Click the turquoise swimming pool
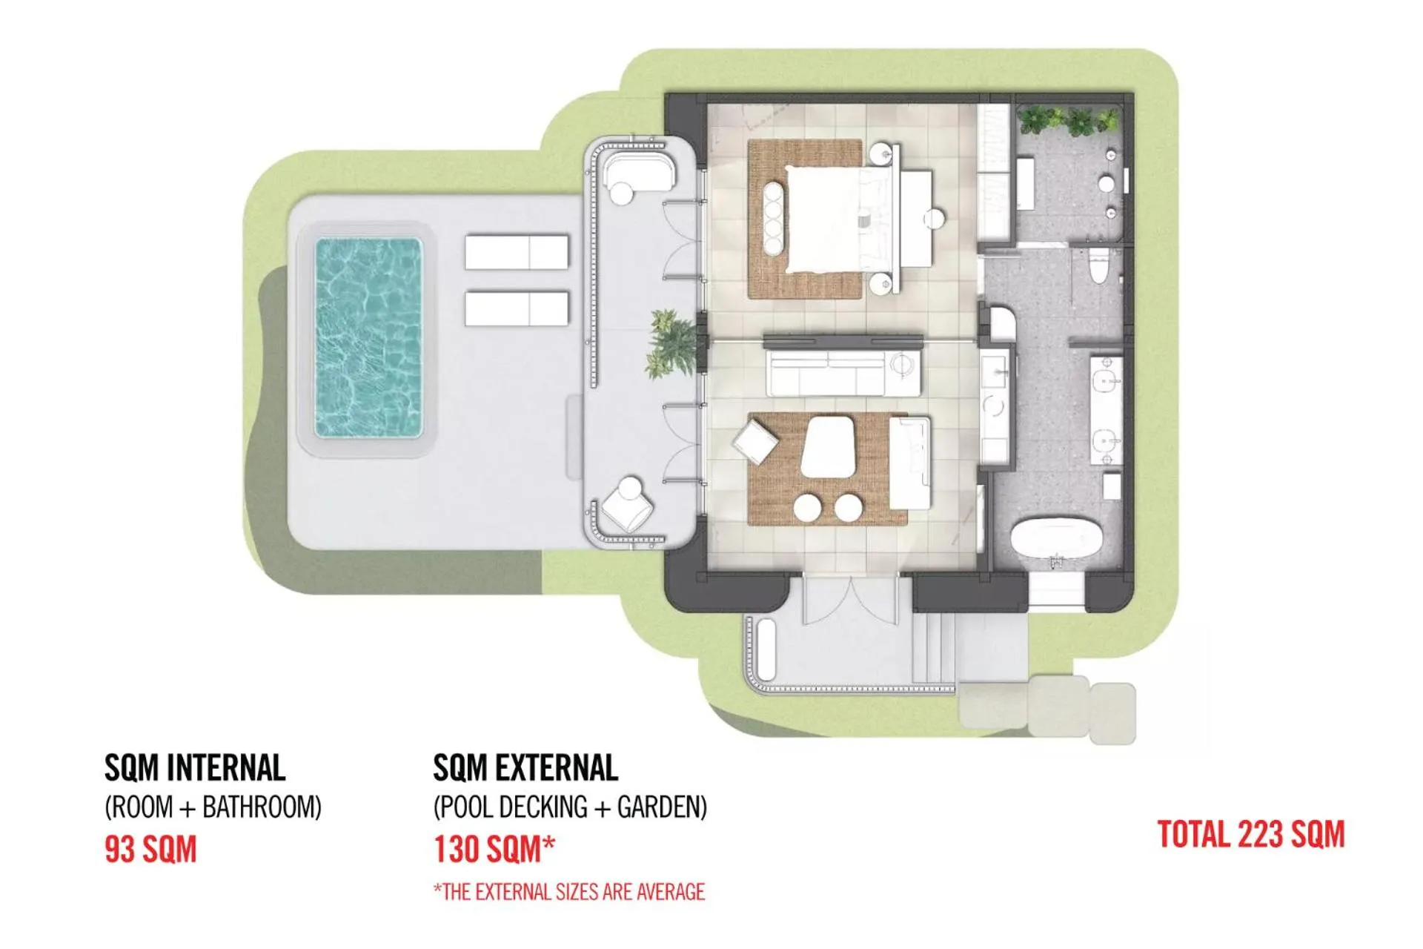368,337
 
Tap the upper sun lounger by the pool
517,252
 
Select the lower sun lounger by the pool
517,308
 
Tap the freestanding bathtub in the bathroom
1057,538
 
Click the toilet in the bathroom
1098,267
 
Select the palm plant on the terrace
672,344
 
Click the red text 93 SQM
150,850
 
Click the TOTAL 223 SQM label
1250,835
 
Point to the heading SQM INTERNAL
195,768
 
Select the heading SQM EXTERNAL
525,768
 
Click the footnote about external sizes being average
569,891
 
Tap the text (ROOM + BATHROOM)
213,807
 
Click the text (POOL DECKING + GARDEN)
569,807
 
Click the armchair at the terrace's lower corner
627,506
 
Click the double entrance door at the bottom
851,601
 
